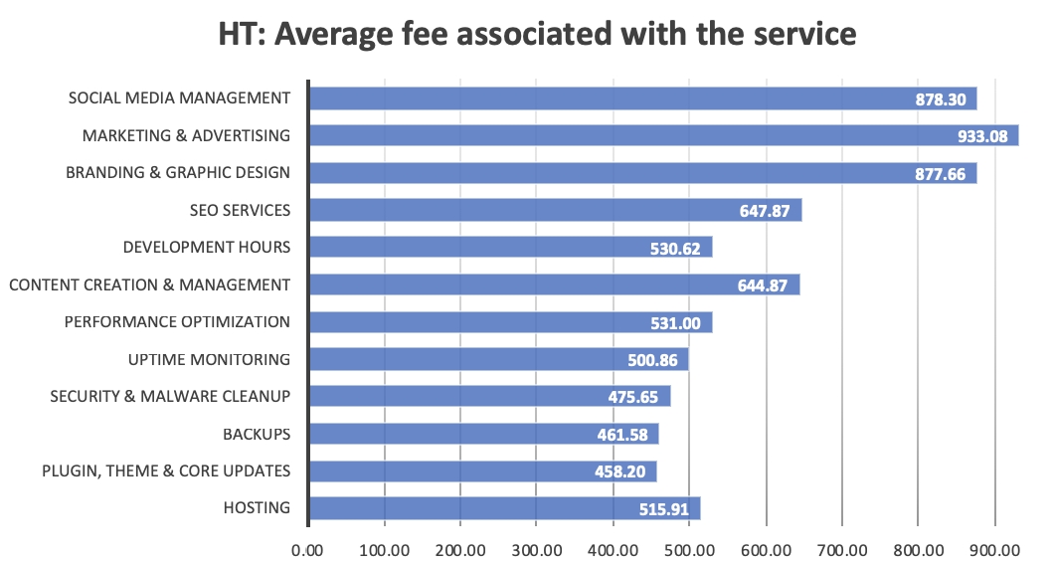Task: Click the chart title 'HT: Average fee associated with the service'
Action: pyautogui.click(x=537, y=34)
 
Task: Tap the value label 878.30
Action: pyautogui.click(x=945, y=98)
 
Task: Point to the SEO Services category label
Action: pyautogui.click(x=240, y=210)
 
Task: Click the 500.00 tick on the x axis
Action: pyautogui.click(x=688, y=549)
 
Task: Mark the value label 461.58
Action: pyautogui.click(x=625, y=435)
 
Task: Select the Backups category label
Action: pyautogui.click(x=257, y=434)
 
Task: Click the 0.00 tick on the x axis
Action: pyautogui.click(x=308, y=549)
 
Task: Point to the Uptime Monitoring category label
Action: pyautogui.click(x=209, y=359)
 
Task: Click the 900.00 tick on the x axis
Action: pyautogui.click(x=993, y=549)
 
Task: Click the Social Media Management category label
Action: pyautogui.click(x=179, y=97)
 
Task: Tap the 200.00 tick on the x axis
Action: pyautogui.click(x=460, y=549)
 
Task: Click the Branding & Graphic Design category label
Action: pyautogui.click(x=178, y=172)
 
